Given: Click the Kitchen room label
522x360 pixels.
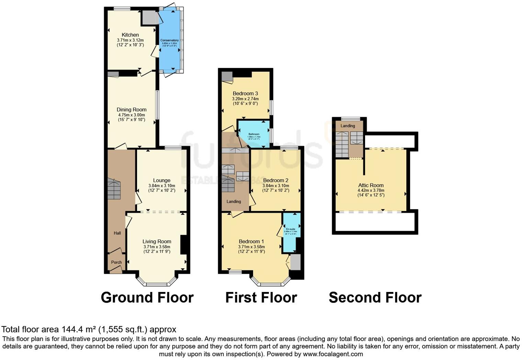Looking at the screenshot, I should click(130, 35).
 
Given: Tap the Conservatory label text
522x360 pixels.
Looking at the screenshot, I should click(170, 40).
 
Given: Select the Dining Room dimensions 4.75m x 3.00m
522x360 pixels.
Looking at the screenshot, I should click(131, 115).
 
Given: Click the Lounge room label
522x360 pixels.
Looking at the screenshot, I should click(162, 180).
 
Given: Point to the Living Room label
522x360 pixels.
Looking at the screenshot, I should click(157, 241).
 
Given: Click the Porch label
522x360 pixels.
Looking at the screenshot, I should click(116, 262).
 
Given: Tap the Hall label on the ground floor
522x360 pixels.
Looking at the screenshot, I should click(117, 233).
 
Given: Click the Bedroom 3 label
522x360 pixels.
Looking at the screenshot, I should click(245, 93).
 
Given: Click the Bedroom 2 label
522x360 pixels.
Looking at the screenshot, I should click(275, 180).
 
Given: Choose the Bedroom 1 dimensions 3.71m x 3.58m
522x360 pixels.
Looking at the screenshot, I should click(251, 247).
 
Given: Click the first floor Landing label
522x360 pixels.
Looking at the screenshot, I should click(234, 201).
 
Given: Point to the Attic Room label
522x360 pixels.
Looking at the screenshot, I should click(371, 185).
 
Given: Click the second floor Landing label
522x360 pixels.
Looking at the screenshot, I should click(348, 126).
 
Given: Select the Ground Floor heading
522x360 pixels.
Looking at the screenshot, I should click(147, 297).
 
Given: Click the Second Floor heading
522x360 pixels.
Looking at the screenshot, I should click(375, 297).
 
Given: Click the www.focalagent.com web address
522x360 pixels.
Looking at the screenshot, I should click(332, 354).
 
